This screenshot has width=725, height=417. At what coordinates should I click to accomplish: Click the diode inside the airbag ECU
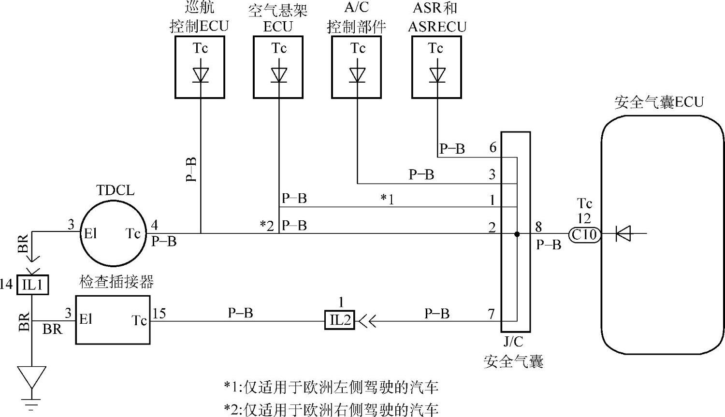coord(623,235)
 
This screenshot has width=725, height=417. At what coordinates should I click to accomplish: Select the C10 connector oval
coord(584,235)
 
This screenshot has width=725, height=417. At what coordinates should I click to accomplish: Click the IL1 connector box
coord(33,285)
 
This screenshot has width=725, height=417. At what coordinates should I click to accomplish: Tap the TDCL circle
coord(113,234)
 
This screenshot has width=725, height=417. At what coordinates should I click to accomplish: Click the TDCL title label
coord(115,190)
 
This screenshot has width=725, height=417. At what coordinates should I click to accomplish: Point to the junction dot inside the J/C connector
coord(517,234)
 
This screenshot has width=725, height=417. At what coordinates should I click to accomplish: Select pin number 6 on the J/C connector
coord(493,147)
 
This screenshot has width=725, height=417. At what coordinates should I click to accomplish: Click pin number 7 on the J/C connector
coord(491,314)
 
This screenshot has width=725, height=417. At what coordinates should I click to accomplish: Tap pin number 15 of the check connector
coord(159,314)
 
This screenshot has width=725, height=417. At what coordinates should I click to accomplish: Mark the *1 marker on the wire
coord(387,199)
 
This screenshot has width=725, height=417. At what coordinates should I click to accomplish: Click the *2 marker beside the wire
coord(267,225)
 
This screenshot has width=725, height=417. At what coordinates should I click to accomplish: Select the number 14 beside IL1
coord(6,284)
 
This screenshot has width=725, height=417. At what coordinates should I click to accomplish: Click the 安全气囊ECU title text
coord(659,102)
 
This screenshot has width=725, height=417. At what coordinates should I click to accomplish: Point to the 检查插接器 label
coord(116,282)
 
